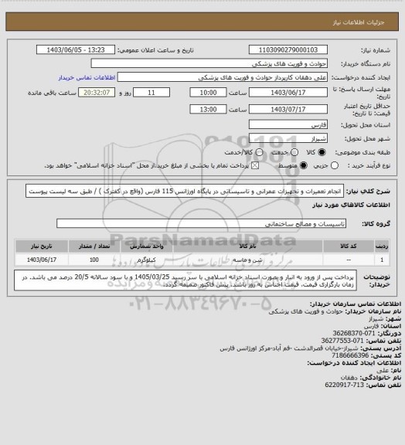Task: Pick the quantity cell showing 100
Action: pyautogui.click(x=94, y=260)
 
